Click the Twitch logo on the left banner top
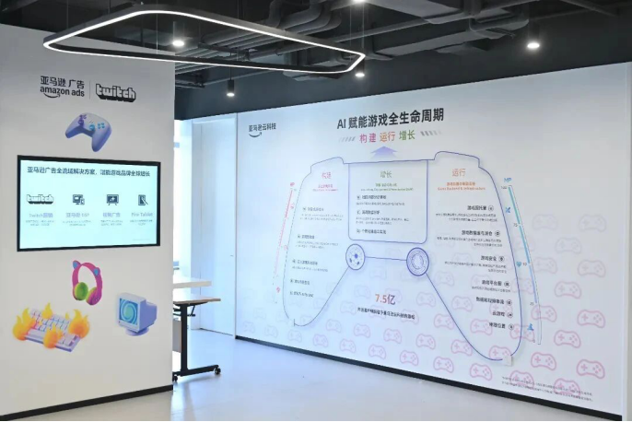[115, 91]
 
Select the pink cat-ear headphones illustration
[87, 281]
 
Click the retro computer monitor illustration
[136, 312]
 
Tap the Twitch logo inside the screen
[40, 199]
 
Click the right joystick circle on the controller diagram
[415, 260]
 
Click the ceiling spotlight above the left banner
[178, 42]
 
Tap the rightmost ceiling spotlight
[533, 43]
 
